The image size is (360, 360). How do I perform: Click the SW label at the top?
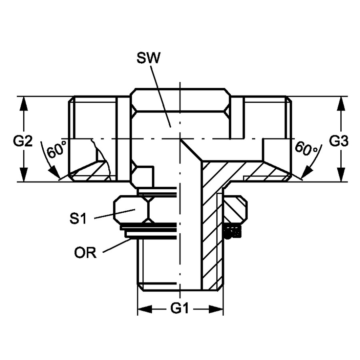[x=148, y=58]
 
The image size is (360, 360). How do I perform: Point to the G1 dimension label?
[x=179, y=308]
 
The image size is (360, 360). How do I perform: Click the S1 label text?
[x=78, y=218]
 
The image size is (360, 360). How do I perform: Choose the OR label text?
[x=85, y=253]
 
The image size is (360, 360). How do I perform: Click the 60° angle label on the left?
[x=56, y=150]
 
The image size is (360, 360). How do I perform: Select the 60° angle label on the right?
[x=306, y=148]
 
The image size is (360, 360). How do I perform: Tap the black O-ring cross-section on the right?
[x=232, y=231]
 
